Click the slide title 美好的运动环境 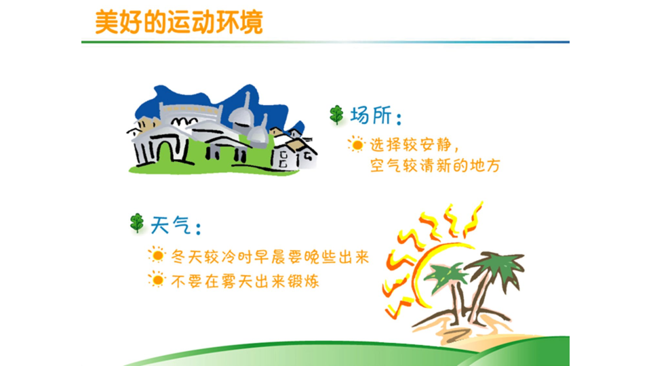[x=179, y=22]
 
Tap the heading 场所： [x=376, y=115]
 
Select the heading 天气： [x=176, y=226]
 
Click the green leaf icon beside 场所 [x=337, y=115]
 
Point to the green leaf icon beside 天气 [x=137, y=223]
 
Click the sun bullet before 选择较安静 [x=356, y=144]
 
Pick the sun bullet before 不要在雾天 [x=157, y=279]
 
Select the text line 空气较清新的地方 [x=435, y=165]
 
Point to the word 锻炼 [x=304, y=281]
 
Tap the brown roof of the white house [x=296, y=145]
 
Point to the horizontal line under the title [x=325, y=42]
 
